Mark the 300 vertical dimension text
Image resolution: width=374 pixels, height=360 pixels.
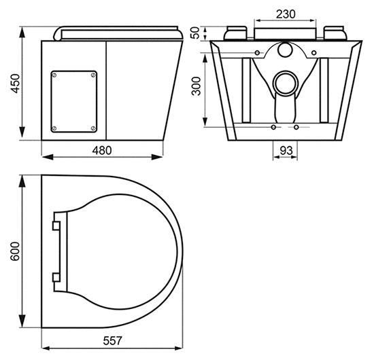coord(197,85)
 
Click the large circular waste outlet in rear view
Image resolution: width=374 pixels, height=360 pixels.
coord(285,84)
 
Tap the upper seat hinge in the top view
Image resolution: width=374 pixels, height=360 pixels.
coord(56,223)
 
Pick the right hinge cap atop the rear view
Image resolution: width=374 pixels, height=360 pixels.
coord(335,33)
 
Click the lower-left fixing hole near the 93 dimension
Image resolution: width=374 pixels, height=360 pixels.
coord(273,127)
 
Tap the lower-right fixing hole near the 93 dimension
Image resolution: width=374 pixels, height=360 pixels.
coord(296,127)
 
